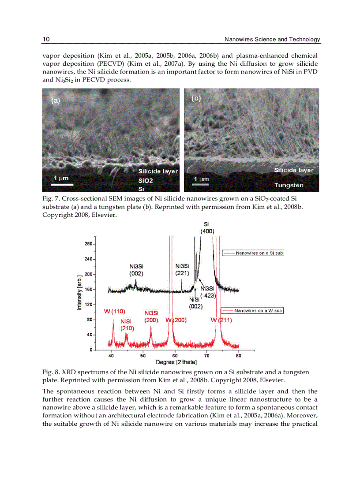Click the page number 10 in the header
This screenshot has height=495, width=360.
tap(46, 40)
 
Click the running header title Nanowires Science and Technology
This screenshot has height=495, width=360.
tap(272, 40)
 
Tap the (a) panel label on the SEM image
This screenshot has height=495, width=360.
tap(56, 100)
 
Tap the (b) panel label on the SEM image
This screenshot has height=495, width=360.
tap(196, 98)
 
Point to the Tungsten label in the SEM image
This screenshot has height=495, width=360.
tap(289, 186)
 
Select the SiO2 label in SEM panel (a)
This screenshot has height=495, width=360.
tap(146, 181)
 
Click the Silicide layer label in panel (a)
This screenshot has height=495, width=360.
tap(158, 171)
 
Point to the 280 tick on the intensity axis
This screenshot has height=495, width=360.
tap(88, 244)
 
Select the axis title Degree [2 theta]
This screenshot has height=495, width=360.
tap(176, 362)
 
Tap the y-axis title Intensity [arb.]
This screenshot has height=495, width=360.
tap(79, 291)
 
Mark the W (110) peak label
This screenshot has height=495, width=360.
tap(115, 312)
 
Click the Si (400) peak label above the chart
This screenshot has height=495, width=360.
tap(207, 227)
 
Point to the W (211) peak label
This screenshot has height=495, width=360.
tap(221, 320)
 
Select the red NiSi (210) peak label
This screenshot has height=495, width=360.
tap(127, 324)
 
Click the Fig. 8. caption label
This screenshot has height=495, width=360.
tap(50, 372)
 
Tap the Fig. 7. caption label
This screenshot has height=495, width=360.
tap(50, 199)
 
